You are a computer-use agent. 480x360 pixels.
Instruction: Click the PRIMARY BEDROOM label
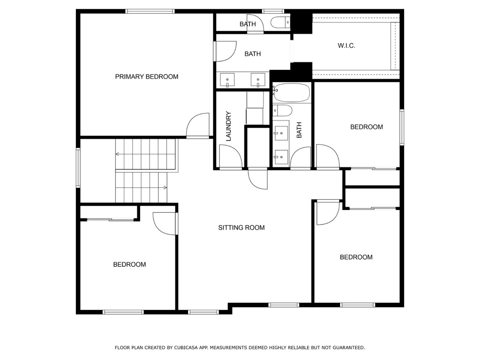coord(147,76)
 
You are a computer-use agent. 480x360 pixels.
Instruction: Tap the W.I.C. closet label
coord(346,45)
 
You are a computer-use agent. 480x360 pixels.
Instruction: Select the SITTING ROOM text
coord(241,227)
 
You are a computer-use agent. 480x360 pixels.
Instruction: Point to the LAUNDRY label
coord(228,126)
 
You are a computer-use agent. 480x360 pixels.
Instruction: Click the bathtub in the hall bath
coord(292,92)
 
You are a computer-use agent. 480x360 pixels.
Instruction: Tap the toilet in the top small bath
coord(280,22)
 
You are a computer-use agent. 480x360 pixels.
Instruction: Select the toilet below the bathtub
coord(283,111)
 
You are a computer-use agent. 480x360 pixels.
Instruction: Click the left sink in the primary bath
coord(227,80)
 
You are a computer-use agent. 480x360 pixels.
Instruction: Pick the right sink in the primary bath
coord(258,80)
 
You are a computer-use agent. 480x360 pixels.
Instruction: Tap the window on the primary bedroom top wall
coord(150,11)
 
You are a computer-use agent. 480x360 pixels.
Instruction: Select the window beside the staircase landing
coord(78,167)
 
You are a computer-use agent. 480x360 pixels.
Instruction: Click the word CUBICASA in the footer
coord(186,347)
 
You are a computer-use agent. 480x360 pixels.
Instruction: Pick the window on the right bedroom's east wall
coord(402,127)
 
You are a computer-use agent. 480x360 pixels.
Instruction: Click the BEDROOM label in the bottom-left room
coord(129,264)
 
